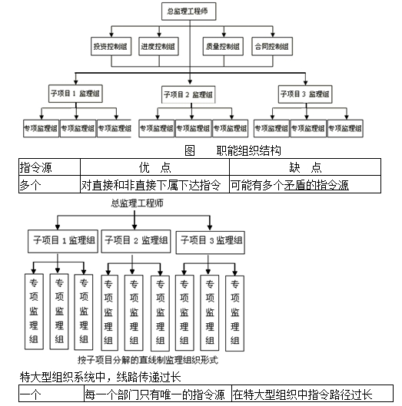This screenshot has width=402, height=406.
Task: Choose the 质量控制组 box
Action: pyautogui.click(x=223, y=47)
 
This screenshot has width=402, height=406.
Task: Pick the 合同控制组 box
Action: pyautogui.click(x=271, y=47)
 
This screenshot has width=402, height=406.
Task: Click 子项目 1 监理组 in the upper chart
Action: pyautogui.click(x=75, y=94)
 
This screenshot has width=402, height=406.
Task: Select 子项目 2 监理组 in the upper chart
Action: pyautogui.click(x=188, y=94)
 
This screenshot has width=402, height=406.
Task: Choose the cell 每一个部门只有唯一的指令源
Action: pyautogui.click(x=154, y=394)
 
